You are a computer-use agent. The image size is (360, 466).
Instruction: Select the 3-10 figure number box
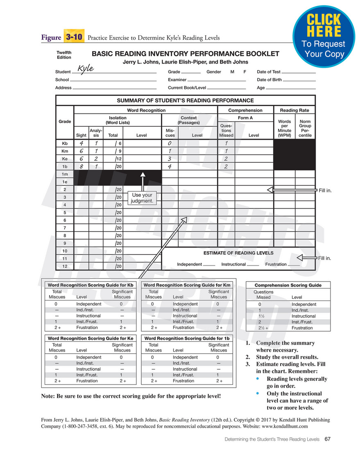coord(74,37)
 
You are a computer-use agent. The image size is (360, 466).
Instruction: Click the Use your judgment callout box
coord(141,198)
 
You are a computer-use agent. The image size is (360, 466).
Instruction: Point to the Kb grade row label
coord(64,143)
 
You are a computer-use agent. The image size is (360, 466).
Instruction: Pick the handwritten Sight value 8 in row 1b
coord(81,167)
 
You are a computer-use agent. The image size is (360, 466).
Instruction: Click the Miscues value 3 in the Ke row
coord(170,159)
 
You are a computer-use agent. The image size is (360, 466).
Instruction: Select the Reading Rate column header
coord(294,110)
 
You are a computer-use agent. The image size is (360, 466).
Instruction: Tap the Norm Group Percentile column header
coord(305,128)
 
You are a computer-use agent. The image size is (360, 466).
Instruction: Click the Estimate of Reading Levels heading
coord(238,253)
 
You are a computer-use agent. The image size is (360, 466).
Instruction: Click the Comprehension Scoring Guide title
coord(288,285)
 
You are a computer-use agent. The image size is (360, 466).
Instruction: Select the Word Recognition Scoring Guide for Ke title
coord(91,339)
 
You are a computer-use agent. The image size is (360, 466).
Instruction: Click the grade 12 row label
coord(64,266)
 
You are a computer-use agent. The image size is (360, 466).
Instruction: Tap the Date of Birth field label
coord(269,80)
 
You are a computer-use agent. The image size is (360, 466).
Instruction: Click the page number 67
coord(327,439)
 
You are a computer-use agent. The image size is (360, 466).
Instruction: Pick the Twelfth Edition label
coord(64,55)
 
